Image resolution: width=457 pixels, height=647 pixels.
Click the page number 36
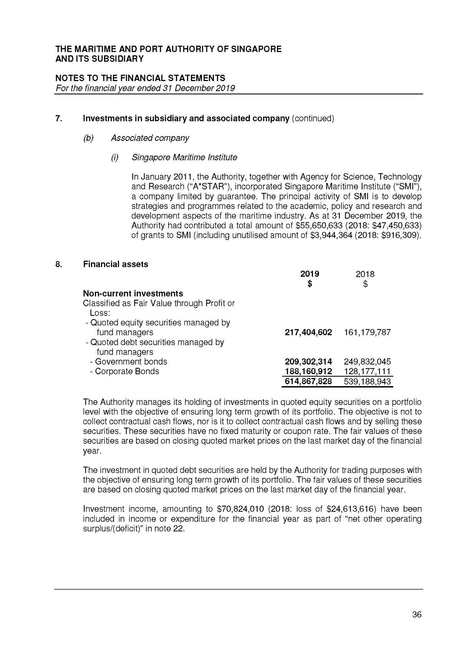(417, 614)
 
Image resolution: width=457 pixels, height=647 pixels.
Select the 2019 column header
(310, 274)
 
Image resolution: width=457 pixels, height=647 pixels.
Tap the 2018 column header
(365, 274)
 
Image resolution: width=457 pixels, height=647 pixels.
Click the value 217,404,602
(308, 332)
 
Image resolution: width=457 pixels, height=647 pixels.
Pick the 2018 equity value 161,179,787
(367, 332)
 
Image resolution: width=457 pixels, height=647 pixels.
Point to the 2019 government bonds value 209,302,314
(308, 362)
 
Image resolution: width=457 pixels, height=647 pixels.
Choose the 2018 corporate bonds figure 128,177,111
(367, 371)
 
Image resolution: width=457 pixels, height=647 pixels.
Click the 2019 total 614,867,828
(308, 382)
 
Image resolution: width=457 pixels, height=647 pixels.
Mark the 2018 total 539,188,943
(367, 382)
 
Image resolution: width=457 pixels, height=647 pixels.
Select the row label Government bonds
(131, 362)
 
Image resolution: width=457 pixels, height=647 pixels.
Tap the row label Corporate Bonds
(127, 371)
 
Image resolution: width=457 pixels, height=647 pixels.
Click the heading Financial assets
(115, 264)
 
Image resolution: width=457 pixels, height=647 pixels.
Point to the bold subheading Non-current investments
(133, 294)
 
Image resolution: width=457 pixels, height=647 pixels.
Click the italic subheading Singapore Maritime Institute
(184, 158)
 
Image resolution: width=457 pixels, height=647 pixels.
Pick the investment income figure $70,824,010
(240, 509)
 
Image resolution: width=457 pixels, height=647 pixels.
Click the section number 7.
(58, 118)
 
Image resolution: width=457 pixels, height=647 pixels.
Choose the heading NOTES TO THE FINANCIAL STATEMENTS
(140, 78)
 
